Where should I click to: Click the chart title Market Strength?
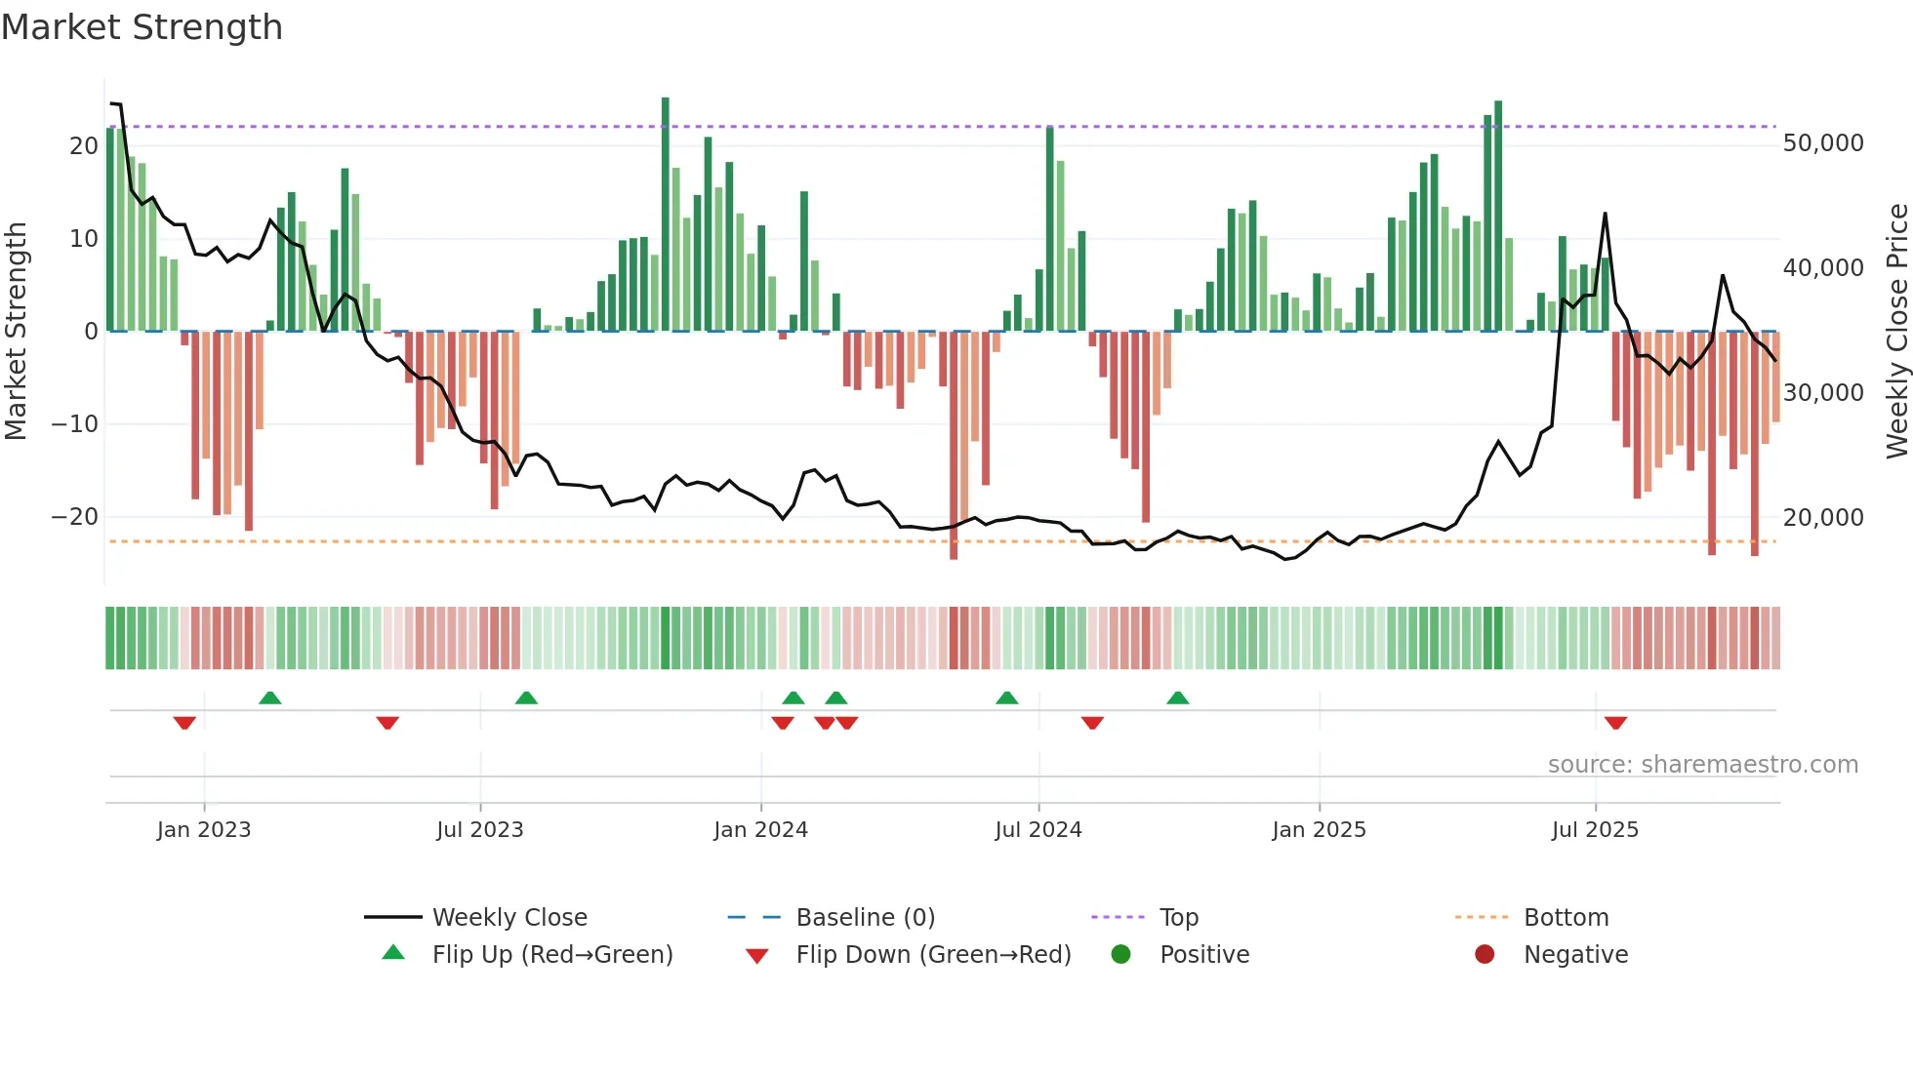(142, 27)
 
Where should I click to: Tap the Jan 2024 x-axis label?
(760, 830)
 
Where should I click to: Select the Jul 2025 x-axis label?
(1595, 830)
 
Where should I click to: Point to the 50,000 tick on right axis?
(1822, 143)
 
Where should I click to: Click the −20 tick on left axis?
(75, 517)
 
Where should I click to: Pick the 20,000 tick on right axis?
(1822, 518)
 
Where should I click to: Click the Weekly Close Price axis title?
(1896, 332)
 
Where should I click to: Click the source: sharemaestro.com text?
(1702, 765)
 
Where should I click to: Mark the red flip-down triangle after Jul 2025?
(1615, 723)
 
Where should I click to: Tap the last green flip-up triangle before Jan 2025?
(1178, 697)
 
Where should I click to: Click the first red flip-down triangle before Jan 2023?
(184, 723)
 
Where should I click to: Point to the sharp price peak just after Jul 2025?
(1605, 214)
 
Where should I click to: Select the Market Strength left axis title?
(16, 332)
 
